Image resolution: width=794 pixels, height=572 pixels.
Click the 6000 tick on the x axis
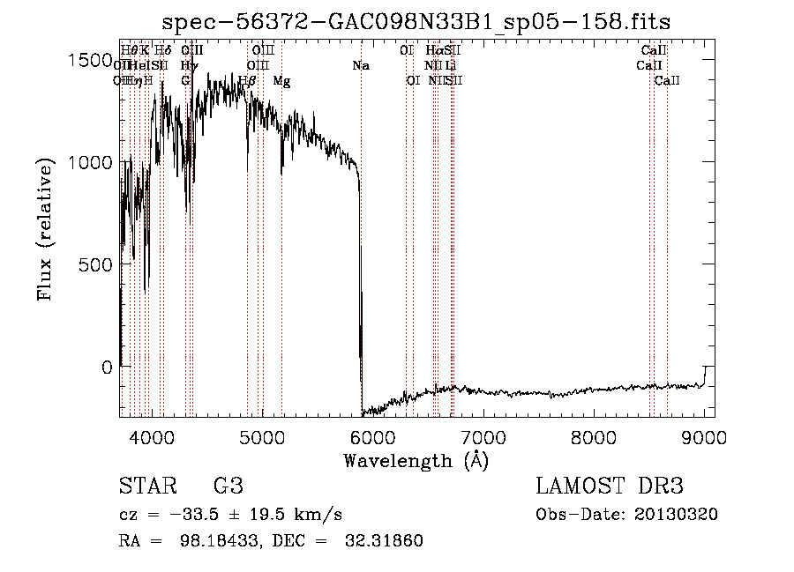(x=371, y=437)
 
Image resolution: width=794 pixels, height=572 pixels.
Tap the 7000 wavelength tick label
(x=483, y=437)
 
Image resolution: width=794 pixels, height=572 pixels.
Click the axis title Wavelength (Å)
(x=416, y=460)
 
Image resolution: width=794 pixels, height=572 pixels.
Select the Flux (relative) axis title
(x=46, y=229)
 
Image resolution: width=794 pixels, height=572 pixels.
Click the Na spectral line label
(x=360, y=65)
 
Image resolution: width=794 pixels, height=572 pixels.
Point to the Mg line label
(x=281, y=80)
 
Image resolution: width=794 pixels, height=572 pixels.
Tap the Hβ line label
(x=247, y=80)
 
